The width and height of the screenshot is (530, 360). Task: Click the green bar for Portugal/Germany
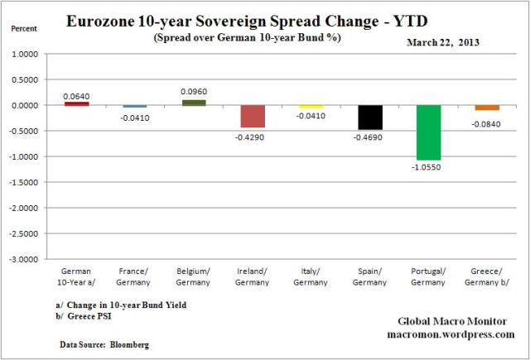pos(428,132)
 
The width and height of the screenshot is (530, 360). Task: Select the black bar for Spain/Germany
pos(370,118)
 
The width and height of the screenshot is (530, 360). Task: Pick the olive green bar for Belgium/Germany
pos(193,103)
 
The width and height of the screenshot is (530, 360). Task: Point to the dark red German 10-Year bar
pos(76,103)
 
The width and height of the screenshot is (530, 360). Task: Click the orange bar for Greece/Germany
pos(487,108)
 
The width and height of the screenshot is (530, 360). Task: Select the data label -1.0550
pos(428,168)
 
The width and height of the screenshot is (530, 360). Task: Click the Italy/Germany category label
pos(311,276)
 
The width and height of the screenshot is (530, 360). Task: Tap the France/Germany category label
pos(134,276)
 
